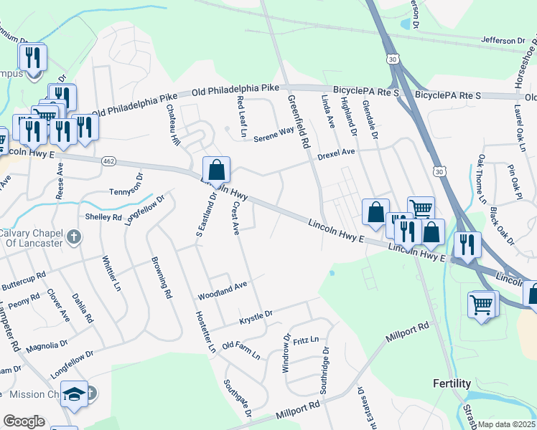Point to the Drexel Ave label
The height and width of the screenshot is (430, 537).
[336, 153]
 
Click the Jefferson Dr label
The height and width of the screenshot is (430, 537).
[504, 40]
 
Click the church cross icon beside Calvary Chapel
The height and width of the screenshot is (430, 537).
[73, 237]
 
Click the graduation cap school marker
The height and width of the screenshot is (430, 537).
[75, 395]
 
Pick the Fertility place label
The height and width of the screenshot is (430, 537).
[452, 383]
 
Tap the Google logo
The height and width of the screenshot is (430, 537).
[24, 421]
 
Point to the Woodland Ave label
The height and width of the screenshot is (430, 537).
[223, 289]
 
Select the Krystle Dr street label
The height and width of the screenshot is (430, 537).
[256, 315]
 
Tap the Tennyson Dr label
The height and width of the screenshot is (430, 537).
[126, 184]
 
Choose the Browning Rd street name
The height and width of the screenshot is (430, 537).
[162, 277]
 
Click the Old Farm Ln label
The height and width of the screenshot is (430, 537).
[241, 350]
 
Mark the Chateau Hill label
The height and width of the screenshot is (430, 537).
[172, 125]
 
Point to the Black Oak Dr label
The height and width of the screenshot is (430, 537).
[501, 226]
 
